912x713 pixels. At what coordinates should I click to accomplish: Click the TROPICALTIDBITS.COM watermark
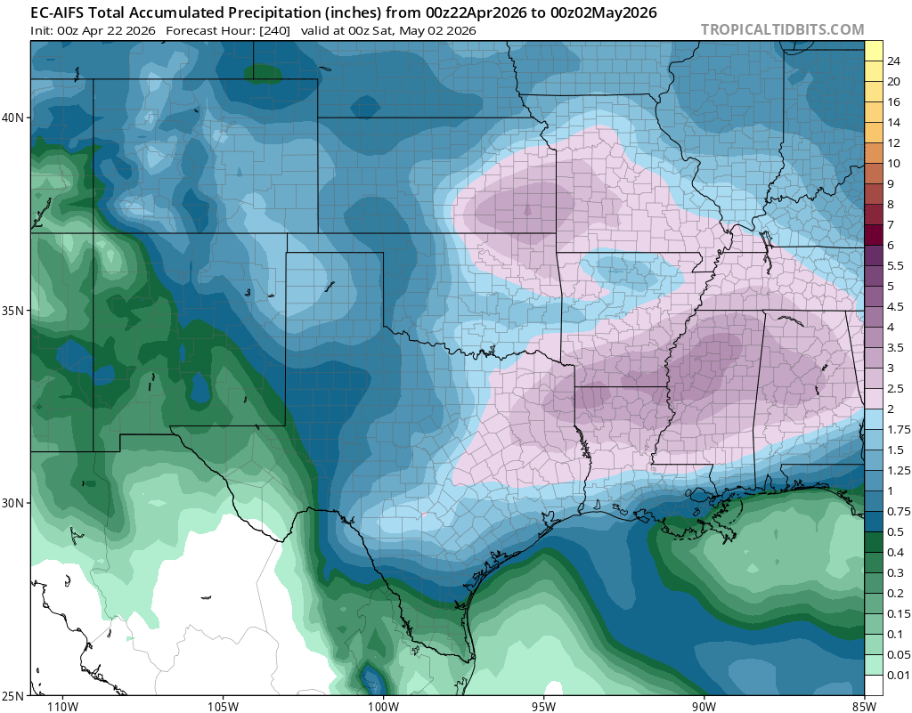click(782, 29)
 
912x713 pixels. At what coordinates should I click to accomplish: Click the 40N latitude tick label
click(13, 117)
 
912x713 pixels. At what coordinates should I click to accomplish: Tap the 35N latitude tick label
click(13, 311)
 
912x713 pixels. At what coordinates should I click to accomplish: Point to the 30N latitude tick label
click(13, 503)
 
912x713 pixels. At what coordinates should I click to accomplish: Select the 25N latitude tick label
click(13, 695)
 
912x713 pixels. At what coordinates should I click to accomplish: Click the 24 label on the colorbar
click(894, 61)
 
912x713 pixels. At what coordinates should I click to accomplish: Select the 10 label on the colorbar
click(894, 163)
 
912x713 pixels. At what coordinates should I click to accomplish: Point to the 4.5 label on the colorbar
click(896, 307)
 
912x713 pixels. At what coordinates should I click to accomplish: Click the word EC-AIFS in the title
click(62, 12)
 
